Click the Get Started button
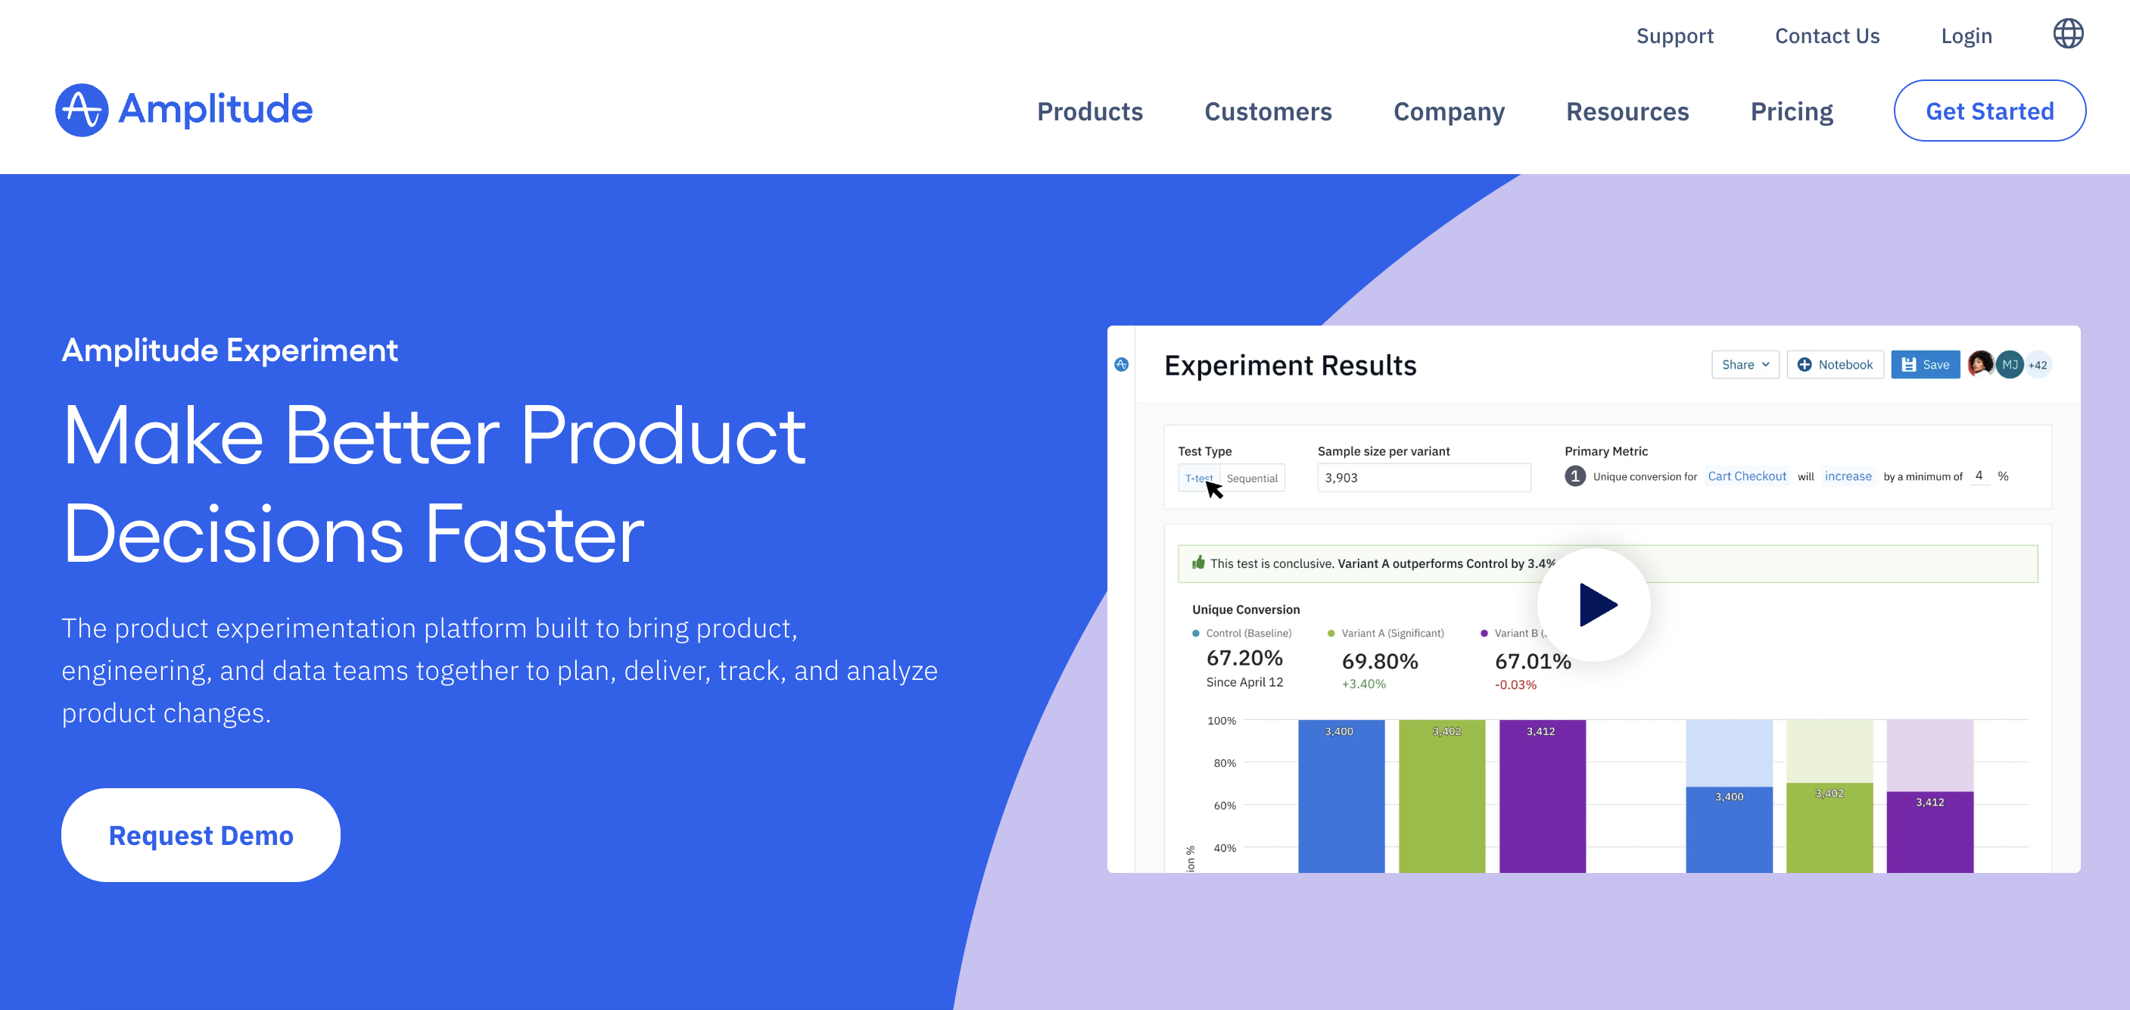1988,111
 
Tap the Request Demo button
201,834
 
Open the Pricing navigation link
1791,111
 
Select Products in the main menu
1090,111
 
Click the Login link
1967,36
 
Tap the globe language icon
2068,34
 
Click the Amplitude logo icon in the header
82,110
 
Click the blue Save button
1925,365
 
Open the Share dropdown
1745,365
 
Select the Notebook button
1835,365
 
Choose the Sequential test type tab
1252,478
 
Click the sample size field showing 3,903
1424,477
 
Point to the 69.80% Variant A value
1379,661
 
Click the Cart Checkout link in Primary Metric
1746,476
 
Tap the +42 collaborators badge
2038,365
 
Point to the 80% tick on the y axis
1224,762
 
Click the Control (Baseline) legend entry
1241,633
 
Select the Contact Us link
1826,36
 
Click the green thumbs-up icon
1198,563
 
